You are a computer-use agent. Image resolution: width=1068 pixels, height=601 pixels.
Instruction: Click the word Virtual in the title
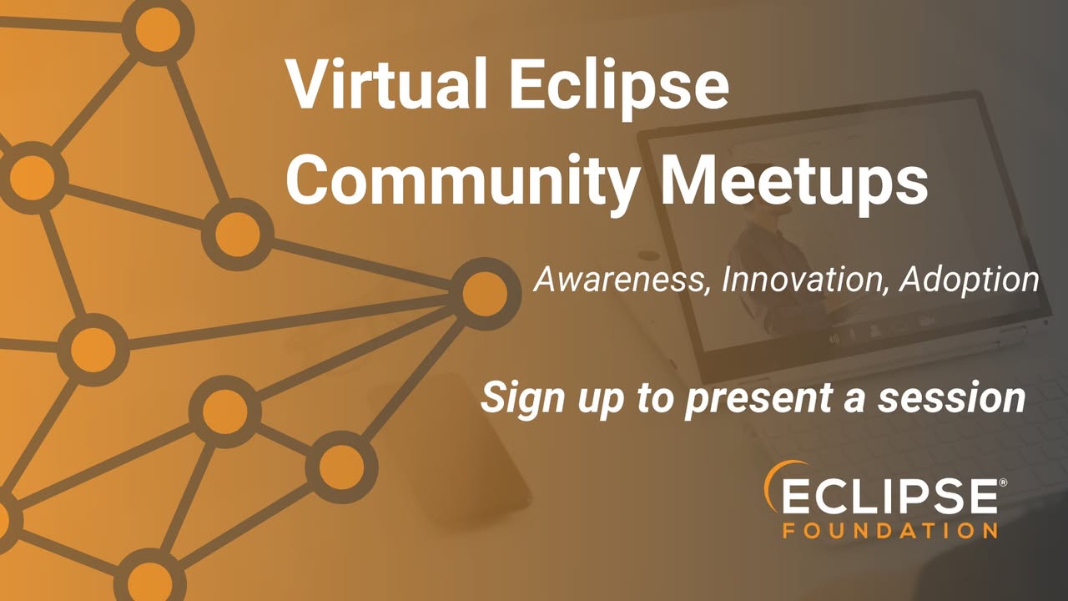385,84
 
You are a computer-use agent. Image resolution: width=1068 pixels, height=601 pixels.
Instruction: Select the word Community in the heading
460,183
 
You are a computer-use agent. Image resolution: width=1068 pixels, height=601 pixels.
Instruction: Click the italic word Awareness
619,280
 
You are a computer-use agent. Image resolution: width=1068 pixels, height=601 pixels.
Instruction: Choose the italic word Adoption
969,280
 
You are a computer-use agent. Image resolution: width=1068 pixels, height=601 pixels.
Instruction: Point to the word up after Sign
601,402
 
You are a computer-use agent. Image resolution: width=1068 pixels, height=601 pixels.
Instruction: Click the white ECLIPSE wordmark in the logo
889,496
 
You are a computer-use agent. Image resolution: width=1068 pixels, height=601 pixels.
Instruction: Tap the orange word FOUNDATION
889,530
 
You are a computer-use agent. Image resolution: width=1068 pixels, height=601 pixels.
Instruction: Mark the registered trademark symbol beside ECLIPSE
1003,482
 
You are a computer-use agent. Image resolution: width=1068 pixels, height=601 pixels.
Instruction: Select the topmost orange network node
158,30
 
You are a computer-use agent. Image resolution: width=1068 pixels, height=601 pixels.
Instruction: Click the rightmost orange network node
485,294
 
